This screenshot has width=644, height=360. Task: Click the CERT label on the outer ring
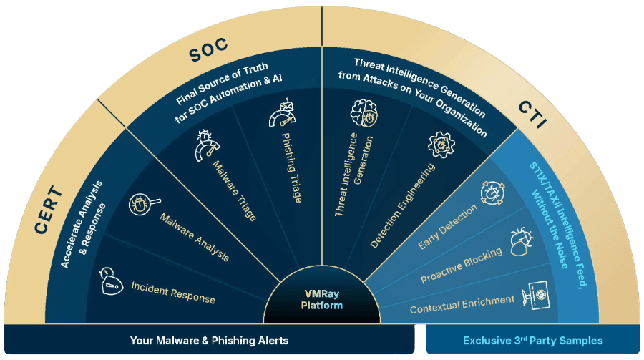pos(47,213)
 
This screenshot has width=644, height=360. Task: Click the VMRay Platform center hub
pos(321,300)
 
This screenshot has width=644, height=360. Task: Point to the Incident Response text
pos(173,293)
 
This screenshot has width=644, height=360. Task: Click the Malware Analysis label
pos(194,237)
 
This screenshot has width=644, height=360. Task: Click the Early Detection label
pos(447,228)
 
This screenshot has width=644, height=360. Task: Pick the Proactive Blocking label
pos(462,264)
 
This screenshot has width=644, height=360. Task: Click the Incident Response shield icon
pos(108,276)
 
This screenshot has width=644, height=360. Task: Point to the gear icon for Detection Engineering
pos(442,145)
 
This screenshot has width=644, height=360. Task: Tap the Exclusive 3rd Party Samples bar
pos(533,341)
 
